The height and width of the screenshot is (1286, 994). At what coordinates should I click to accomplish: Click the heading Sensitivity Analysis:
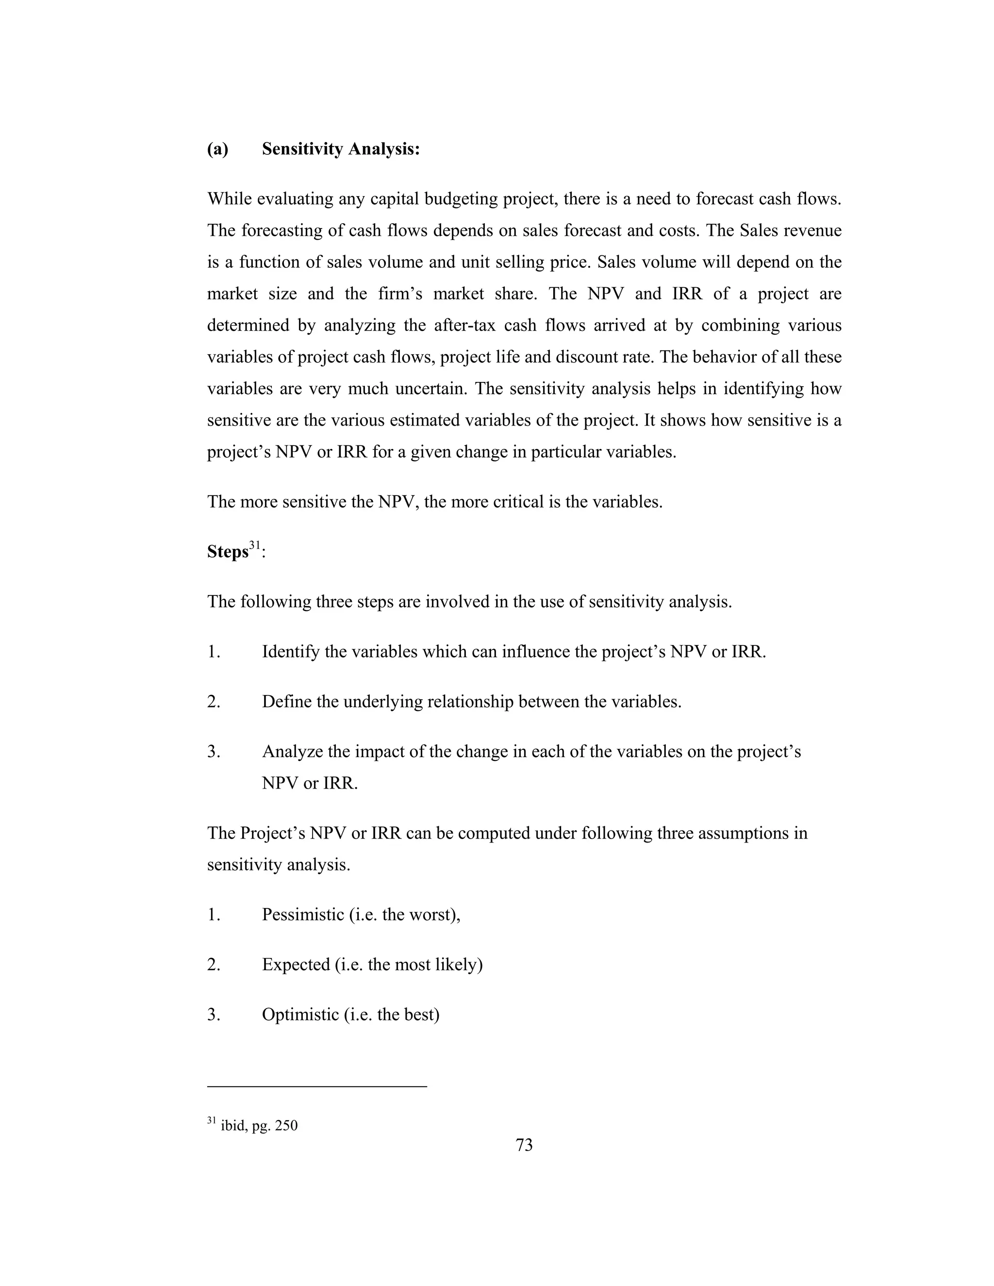click(x=340, y=149)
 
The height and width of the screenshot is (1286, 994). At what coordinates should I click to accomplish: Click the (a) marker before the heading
click(x=217, y=149)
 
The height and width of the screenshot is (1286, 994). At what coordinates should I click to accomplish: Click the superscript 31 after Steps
click(x=254, y=546)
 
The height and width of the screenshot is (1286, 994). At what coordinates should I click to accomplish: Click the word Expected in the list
click(x=296, y=965)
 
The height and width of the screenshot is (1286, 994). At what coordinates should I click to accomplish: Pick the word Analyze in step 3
click(x=292, y=752)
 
